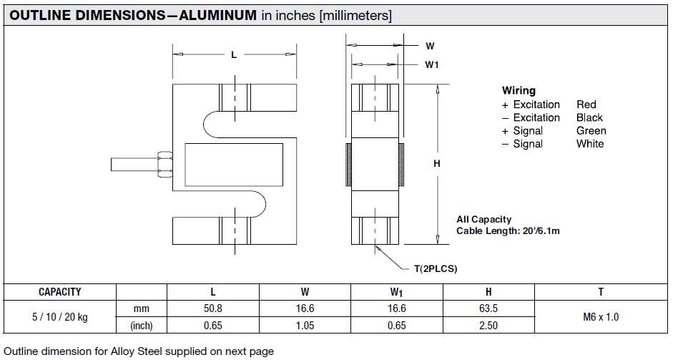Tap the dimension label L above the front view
(x=234, y=55)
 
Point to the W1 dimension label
(x=431, y=65)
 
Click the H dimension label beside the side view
(x=437, y=164)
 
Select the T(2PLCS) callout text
(x=435, y=269)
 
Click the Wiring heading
(x=519, y=91)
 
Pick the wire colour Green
(x=591, y=131)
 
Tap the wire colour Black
(x=589, y=117)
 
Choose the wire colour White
(x=590, y=144)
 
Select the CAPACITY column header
(x=60, y=292)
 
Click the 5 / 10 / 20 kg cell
(x=60, y=317)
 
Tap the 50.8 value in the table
(x=212, y=309)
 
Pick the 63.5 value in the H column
(x=488, y=309)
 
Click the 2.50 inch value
(x=488, y=326)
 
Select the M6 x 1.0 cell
(x=601, y=317)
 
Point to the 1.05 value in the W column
(x=304, y=326)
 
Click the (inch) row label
(x=141, y=326)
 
